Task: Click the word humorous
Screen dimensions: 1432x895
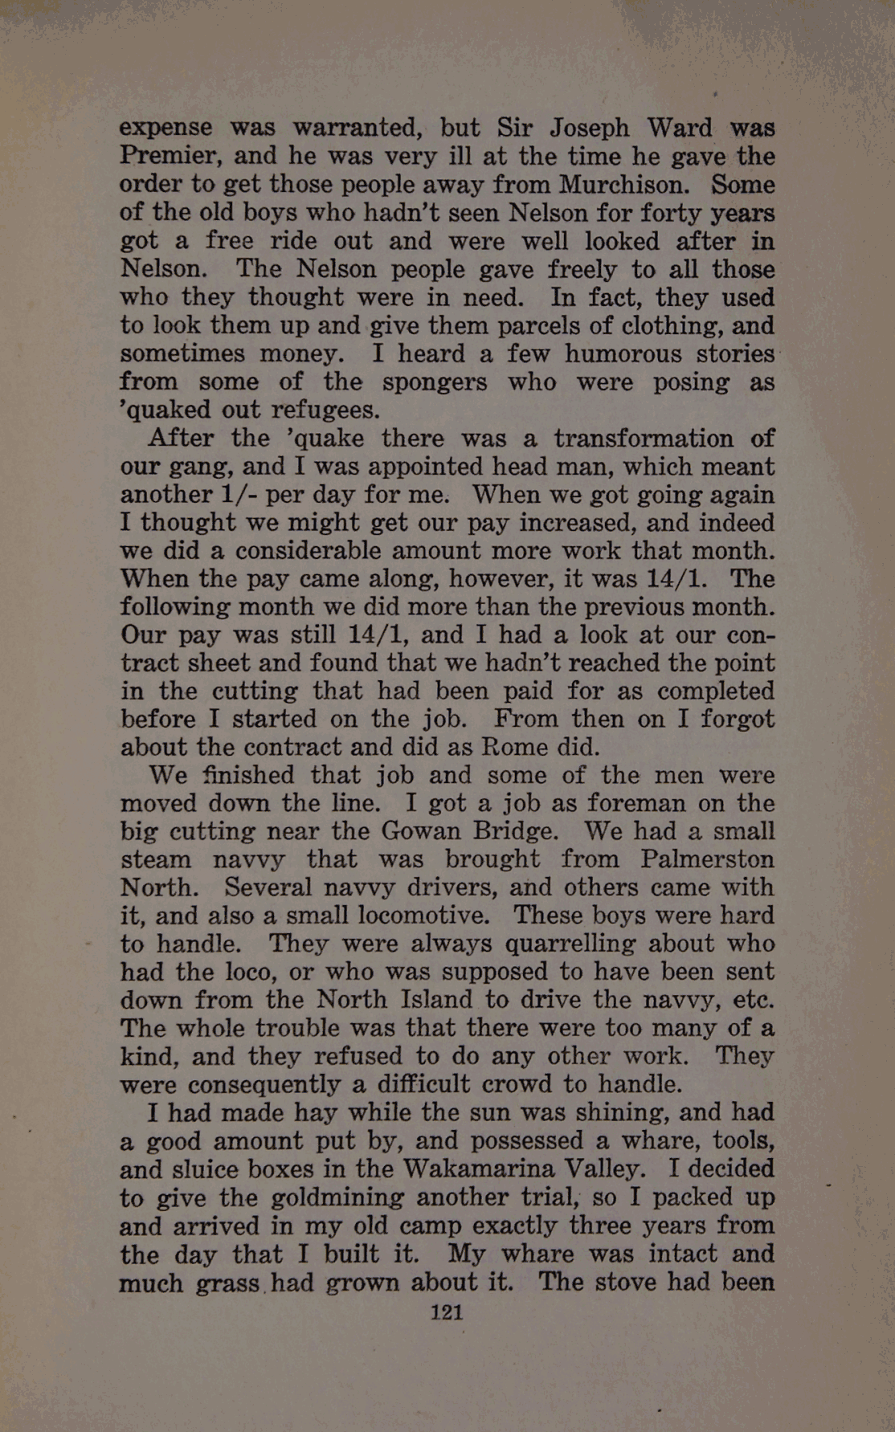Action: coord(622,353)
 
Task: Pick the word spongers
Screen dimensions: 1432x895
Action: coord(435,381)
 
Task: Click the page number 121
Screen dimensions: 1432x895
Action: coord(447,1312)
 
